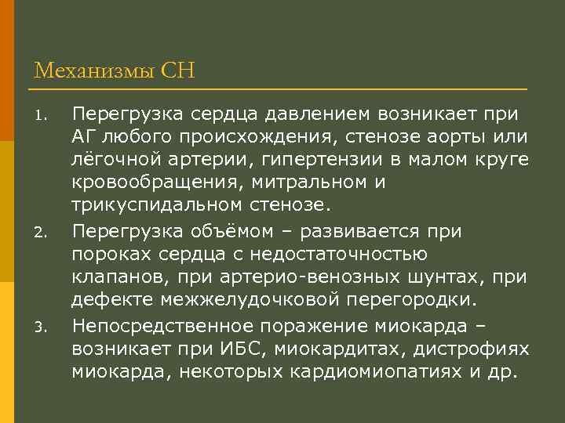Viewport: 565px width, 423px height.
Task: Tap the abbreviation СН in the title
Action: point(177,72)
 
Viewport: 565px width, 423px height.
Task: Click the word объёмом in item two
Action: point(224,232)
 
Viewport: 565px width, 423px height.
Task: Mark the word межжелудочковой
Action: point(231,301)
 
